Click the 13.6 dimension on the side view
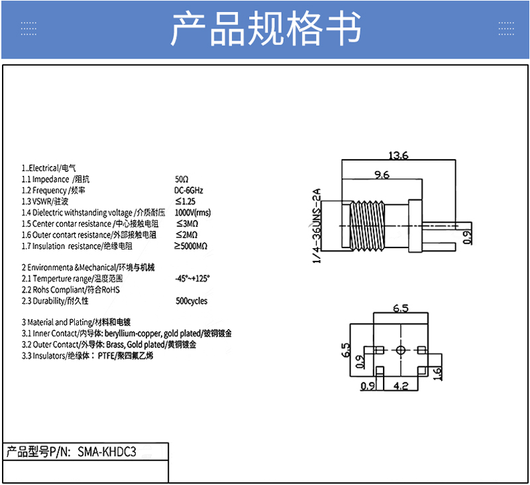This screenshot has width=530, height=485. pos(398,156)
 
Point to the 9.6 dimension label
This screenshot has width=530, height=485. pos(382,175)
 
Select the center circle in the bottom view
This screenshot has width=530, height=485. pos(401,350)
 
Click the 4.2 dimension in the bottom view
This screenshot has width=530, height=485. pos(400,385)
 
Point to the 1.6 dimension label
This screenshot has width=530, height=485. pos(437,375)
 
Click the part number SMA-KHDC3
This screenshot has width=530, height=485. pos(107,452)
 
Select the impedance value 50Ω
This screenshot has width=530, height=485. pos(182,180)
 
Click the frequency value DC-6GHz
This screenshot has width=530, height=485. pos(189,190)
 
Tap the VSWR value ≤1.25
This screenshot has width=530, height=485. pos(185,201)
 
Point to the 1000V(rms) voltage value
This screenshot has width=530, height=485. pos(193,212)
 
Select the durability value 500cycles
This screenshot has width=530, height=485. pos(191,301)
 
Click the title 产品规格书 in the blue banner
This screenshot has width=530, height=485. pos(266,29)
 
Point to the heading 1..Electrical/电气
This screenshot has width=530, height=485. pos(48,169)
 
